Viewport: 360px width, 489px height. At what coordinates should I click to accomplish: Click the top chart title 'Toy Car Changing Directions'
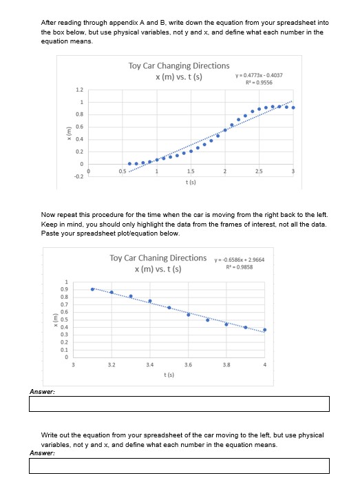click(x=179, y=65)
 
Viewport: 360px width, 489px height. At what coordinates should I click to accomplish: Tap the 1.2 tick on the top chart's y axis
click(x=80, y=90)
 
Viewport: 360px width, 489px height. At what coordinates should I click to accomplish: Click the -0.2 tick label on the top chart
click(x=79, y=176)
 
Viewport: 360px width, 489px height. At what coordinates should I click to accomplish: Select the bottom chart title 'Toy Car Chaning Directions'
click(x=158, y=258)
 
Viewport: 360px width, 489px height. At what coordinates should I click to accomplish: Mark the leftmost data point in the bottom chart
click(x=93, y=289)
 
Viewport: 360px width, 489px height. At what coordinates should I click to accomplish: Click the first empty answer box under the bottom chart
click(x=179, y=404)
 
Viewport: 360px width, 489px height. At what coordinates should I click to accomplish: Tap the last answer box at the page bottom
click(x=179, y=466)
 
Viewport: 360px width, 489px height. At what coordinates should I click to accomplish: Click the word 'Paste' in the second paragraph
click(x=50, y=234)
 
